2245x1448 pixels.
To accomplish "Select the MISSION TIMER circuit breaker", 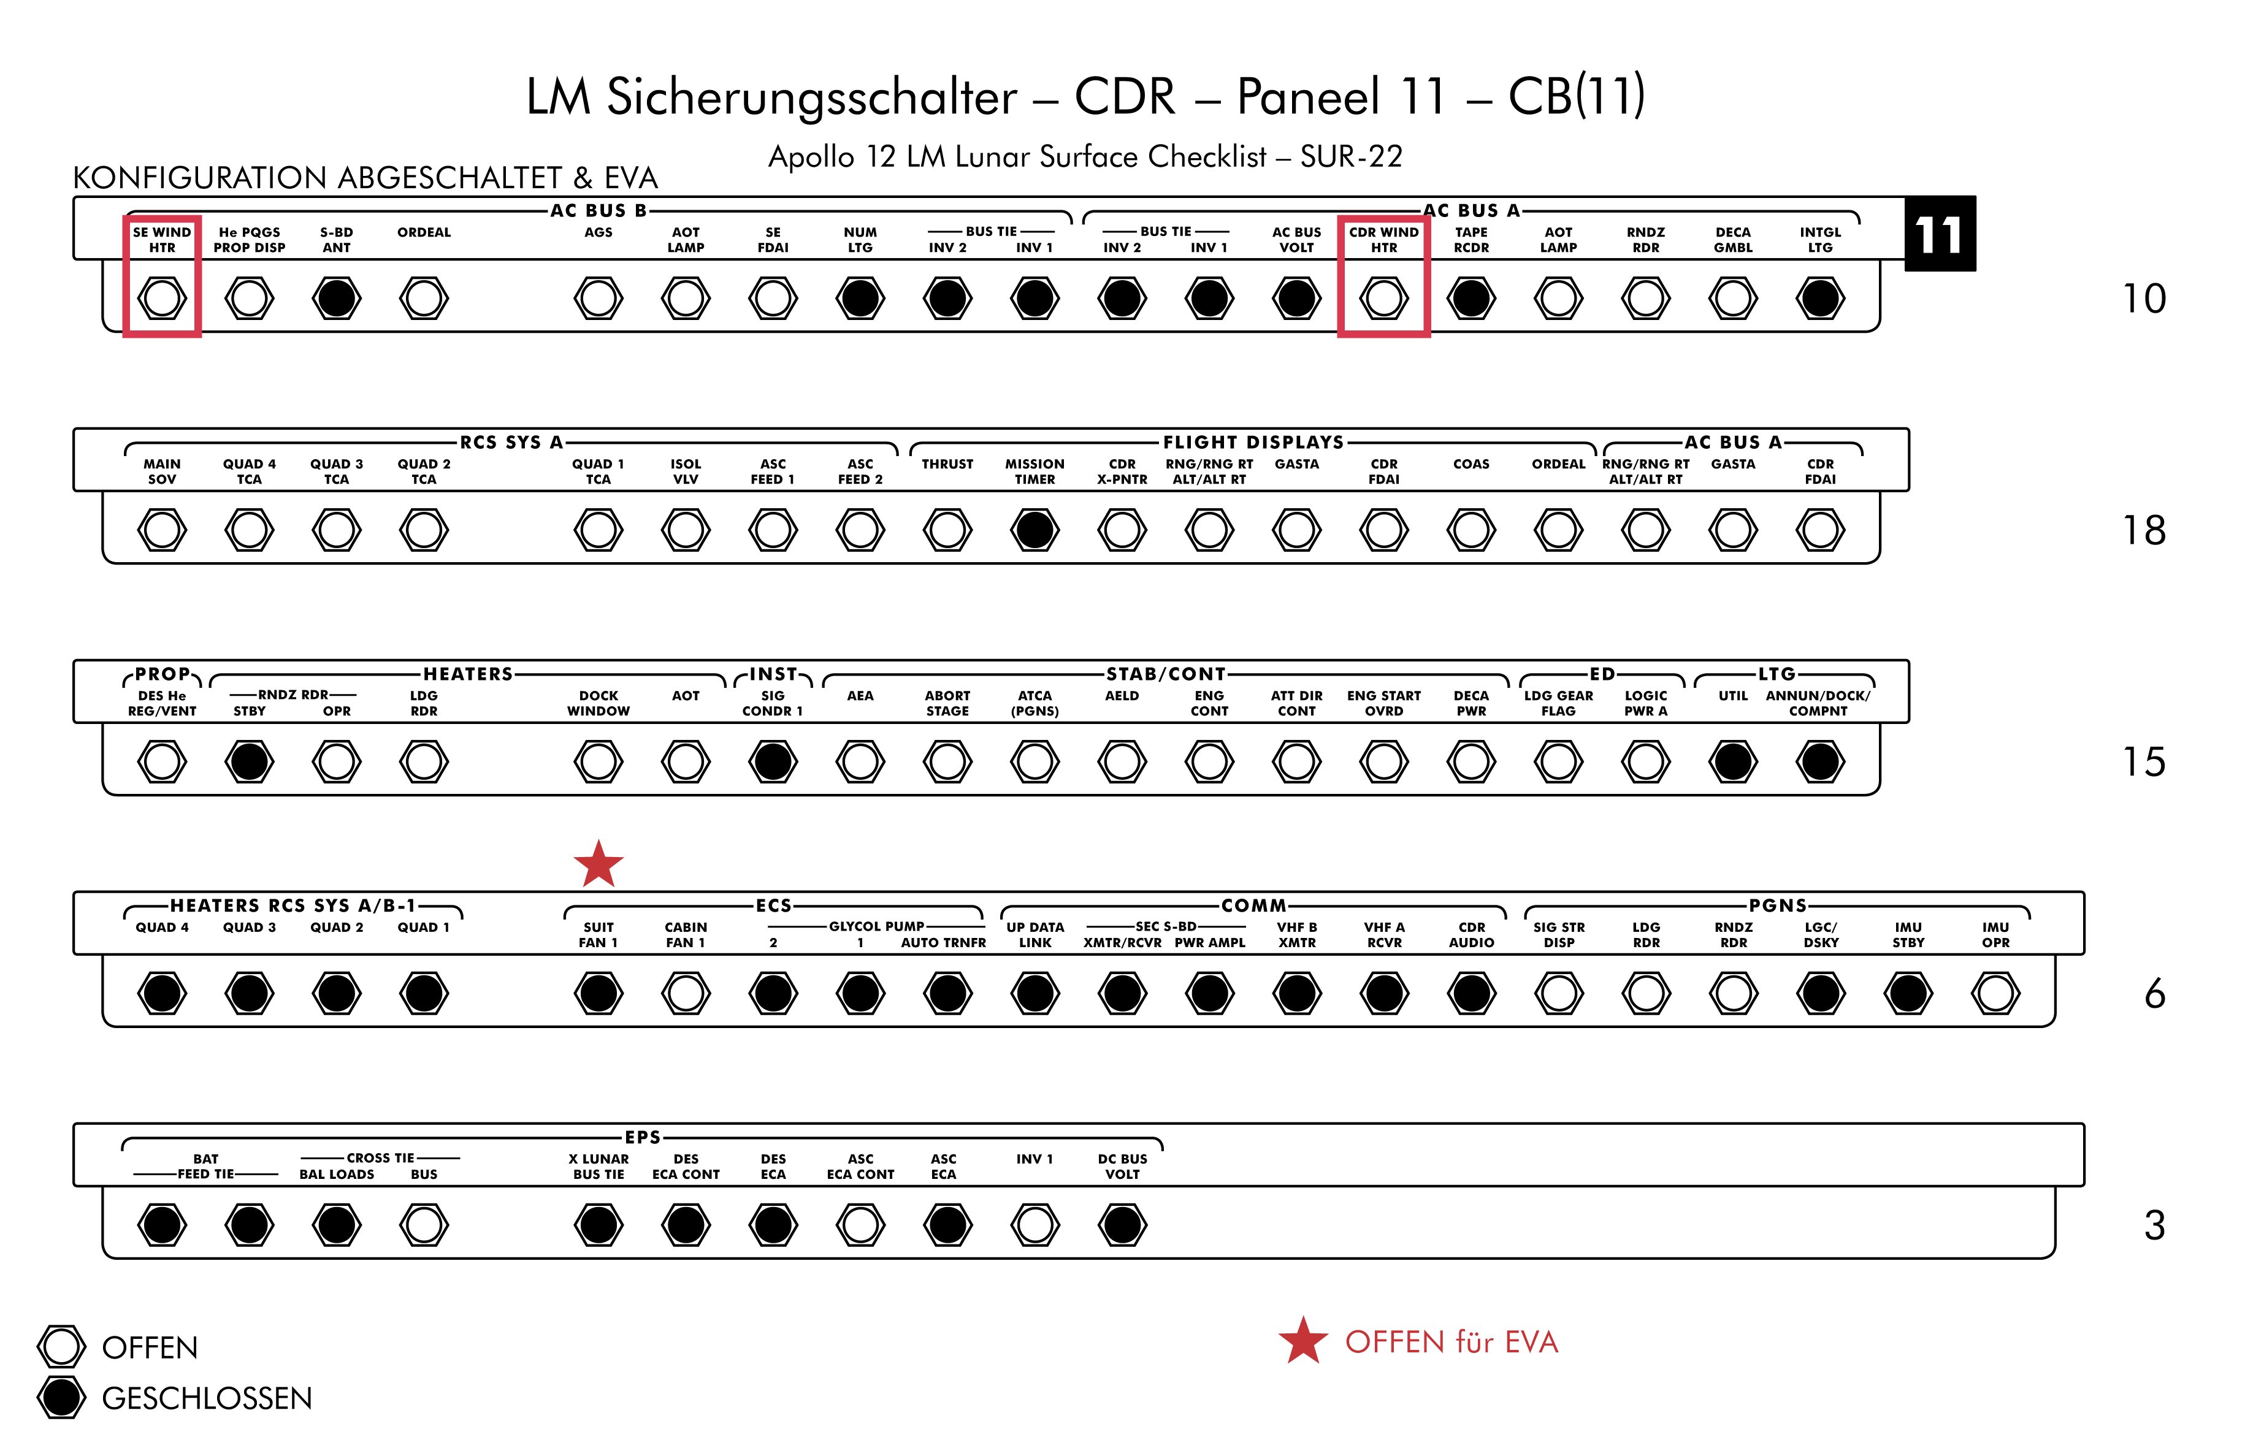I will (x=1035, y=530).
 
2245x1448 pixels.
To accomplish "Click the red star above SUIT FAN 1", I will (x=598, y=864).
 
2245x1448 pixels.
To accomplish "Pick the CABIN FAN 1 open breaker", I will (x=686, y=993).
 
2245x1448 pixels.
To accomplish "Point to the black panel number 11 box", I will (x=1940, y=234).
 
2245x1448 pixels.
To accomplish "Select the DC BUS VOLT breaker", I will (x=1122, y=1225).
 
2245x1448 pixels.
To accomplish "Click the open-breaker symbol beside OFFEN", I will (x=61, y=1346).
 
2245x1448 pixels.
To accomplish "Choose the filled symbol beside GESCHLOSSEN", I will (x=61, y=1397).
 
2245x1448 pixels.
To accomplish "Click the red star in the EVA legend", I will (x=1302, y=1341).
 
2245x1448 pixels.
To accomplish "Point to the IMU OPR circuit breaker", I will (x=1995, y=993).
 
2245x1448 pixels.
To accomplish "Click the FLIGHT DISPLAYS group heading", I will (x=1253, y=442).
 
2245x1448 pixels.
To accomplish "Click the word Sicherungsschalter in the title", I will (x=812, y=97).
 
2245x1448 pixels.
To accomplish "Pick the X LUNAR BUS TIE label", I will (x=598, y=1166).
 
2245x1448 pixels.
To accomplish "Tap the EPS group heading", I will (x=643, y=1137).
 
